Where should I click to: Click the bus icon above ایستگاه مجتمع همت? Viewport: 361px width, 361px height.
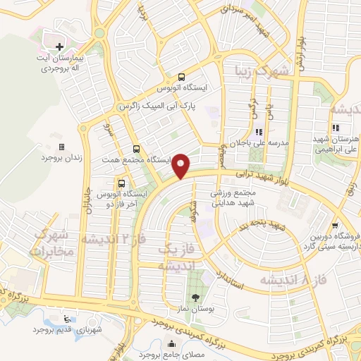point(136,149)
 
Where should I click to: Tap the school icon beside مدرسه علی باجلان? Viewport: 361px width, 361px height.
point(259,131)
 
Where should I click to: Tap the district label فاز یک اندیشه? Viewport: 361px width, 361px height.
point(173,257)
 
